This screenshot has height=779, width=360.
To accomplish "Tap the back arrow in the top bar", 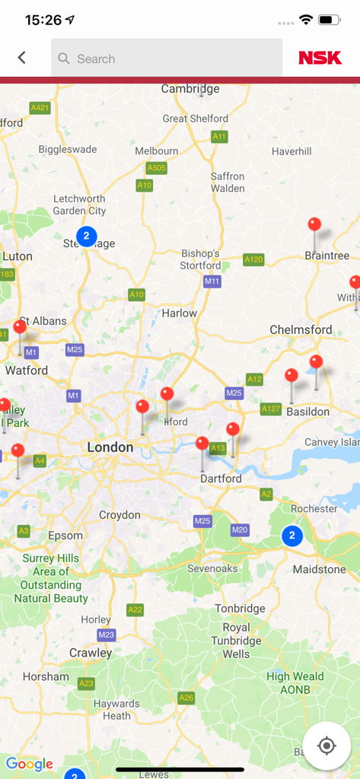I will (x=21, y=58).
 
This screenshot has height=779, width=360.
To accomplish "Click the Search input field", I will (x=167, y=59).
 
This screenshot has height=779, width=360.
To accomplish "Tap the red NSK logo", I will (x=320, y=59).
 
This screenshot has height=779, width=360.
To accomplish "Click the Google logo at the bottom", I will (x=30, y=764).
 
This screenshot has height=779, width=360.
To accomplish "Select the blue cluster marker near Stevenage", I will (x=86, y=236).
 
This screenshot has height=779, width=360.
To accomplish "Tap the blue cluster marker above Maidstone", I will (x=292, y=536).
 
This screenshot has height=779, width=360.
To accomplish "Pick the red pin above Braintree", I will (x=314, y=225).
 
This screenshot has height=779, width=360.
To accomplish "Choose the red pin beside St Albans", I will (x=20, y=328).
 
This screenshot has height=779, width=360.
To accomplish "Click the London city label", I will (x=110, y=447).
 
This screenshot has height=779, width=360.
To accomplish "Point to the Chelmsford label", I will (x=301, y=329).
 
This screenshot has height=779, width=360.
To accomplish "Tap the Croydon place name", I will (x=119, y=515).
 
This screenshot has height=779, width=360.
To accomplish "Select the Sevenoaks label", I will (x=213, y=568).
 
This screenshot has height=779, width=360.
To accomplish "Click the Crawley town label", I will (x=91, y=653).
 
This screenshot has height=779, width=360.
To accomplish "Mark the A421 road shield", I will (x=40, y=108).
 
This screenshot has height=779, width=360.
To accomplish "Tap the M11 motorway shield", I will (x=212, y=281).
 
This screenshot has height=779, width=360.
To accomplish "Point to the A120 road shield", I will (x=253, y=259).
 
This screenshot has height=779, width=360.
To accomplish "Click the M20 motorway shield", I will (x=240, y=529).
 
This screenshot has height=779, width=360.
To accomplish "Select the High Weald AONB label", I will (x=295, y=682).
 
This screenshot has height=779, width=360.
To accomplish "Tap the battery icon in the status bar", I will (x=329, y=20).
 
